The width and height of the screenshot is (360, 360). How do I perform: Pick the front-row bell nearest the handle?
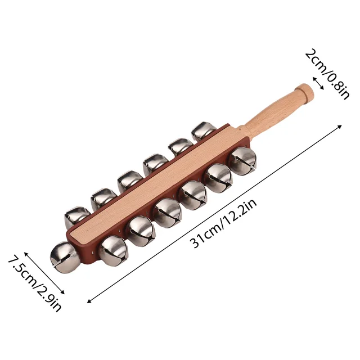point(242,161)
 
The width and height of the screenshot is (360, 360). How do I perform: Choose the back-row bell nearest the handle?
point(203,131)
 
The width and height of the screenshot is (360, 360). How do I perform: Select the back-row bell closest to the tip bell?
point(76,217)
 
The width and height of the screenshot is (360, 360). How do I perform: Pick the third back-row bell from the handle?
point(154,164)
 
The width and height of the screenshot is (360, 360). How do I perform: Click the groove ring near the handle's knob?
point(297,96)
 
